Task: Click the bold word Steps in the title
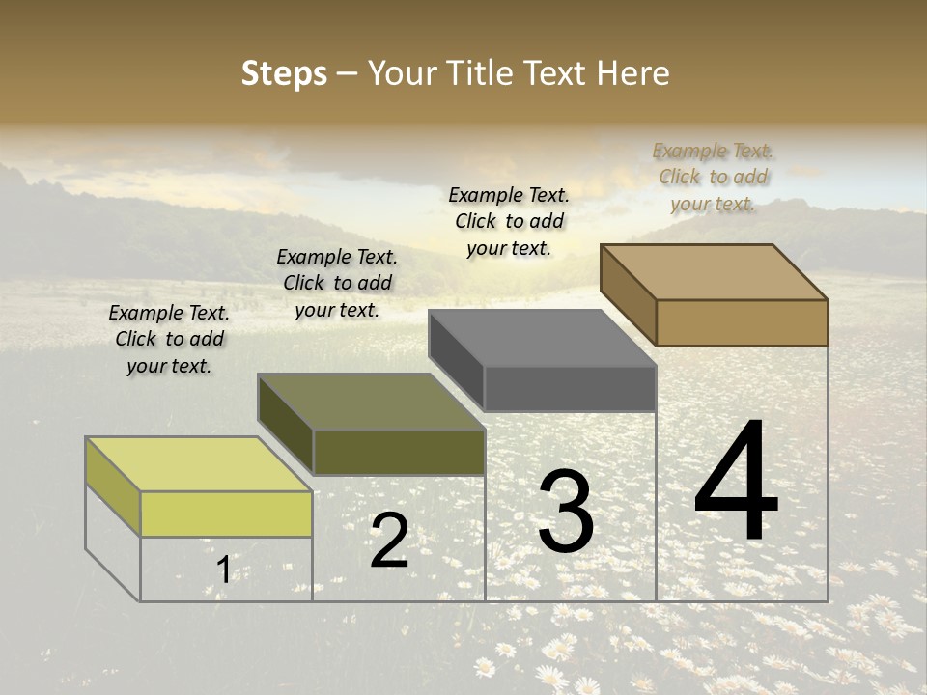283,73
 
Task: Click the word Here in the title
633,73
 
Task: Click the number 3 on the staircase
565,512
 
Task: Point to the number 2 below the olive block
389,541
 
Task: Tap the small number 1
224,570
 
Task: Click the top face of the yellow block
199,464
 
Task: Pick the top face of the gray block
542,339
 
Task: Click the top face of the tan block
715,272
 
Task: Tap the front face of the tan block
742,322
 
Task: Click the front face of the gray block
570,388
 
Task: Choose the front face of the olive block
399,452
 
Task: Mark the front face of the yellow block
226,514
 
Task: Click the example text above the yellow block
169,339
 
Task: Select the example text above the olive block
337,283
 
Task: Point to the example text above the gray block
509,221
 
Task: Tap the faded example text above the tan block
713,177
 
